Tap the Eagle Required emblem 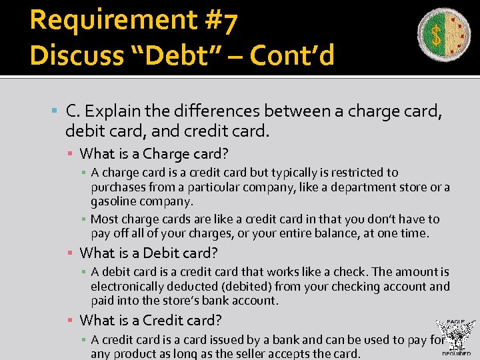[455, 337]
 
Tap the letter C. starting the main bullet [73, 111]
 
